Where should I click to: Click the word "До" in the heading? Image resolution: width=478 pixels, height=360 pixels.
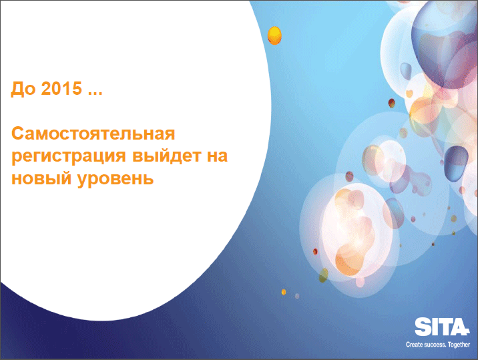click(x=23, y=89)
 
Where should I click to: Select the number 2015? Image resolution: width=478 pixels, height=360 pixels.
click(x=61, y=88)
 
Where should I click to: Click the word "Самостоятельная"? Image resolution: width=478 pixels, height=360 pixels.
click(x=93, y=134)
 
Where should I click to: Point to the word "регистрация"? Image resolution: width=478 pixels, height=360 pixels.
click(x=69, y=157)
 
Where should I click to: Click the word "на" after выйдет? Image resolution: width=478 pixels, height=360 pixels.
click(x=218, y=156)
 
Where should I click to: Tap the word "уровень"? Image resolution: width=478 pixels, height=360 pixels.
click(x=115, y=180)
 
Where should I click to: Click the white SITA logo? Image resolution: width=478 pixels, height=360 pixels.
click(x=442, y=327)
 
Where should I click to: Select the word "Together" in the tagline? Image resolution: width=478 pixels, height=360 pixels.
click(x=459, y=345)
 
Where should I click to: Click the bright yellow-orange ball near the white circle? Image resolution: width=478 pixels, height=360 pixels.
click(x=274, y=35)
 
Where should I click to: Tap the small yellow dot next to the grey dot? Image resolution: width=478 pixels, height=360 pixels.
click(x=284, y=293)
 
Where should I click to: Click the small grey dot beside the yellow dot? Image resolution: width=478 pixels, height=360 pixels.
click(x=297, y=296)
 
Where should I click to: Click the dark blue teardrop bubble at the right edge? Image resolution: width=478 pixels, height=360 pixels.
click(x=455, y=163)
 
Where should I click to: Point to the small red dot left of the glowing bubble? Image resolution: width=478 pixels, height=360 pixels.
click(x=315, y=252)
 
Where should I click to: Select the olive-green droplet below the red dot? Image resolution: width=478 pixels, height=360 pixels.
click(x=323, y=275)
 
